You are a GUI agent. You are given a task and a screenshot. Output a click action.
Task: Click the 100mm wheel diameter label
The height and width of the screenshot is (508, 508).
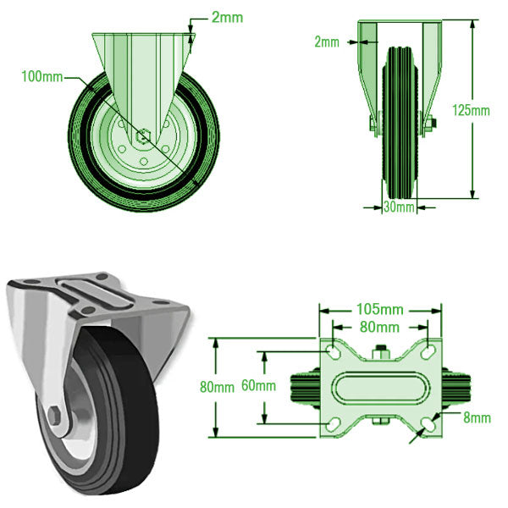tap(42, 77)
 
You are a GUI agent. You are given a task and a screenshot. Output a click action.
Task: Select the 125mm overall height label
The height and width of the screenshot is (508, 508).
tap(471, 110)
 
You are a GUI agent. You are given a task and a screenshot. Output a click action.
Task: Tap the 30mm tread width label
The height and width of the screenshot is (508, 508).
tap(399, 207)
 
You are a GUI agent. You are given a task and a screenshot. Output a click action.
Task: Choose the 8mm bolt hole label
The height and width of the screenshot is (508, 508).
tap(477, 417)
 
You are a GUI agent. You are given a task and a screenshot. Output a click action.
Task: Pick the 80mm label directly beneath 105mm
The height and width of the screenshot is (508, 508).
tap(379, 327)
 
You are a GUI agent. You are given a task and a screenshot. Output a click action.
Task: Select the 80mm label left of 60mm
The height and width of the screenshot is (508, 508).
tap(217, 387)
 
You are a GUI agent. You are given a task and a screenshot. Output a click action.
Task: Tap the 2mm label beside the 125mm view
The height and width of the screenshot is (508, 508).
tap(327, 41)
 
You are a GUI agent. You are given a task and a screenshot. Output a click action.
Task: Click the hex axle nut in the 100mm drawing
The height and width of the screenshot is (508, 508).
tap(143, 134)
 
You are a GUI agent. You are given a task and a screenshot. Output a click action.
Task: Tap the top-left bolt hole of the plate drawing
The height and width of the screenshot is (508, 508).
tap(334, 351)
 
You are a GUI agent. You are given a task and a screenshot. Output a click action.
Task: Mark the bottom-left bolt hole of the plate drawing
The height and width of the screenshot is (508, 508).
tap(334, 426)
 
